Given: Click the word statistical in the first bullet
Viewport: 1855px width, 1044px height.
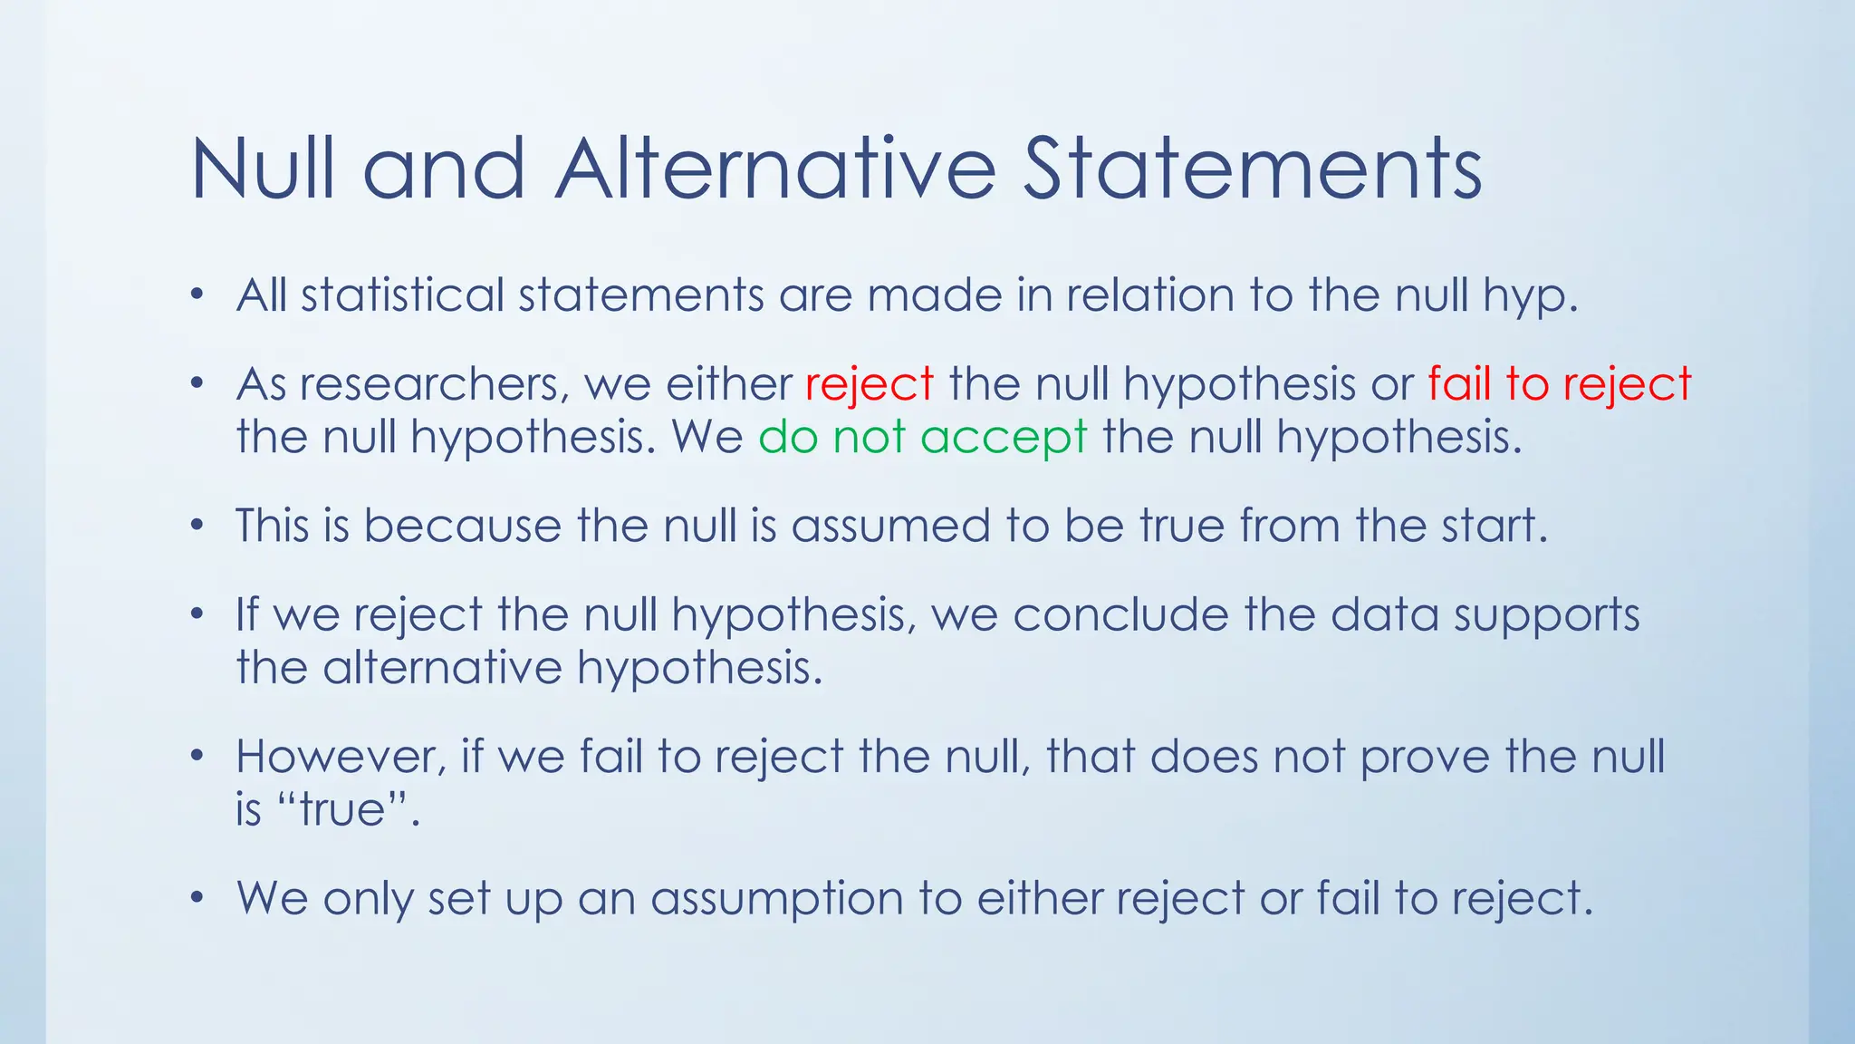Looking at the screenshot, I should (x=402, y=296).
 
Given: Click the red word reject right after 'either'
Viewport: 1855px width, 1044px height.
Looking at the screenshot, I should (x=869, y=385).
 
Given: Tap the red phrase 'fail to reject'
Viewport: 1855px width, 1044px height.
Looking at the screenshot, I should (x=1559, y=385).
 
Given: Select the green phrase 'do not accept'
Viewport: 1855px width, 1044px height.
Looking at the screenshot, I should (x=922, y=438).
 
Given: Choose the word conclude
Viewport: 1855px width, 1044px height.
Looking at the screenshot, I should (x=1120, y=614).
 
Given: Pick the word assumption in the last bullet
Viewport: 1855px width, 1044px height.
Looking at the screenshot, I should (x=776, y=900).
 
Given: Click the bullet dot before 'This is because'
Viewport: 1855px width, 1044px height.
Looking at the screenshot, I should (x=197, y=527).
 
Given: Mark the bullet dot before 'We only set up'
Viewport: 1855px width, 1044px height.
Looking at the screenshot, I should (x=197, y=899).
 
